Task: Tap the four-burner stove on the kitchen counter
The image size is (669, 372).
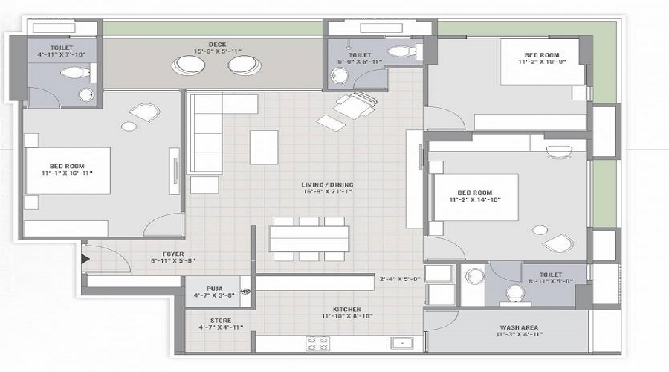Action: (318, 343)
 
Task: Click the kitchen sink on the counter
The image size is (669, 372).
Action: (401, 344)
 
